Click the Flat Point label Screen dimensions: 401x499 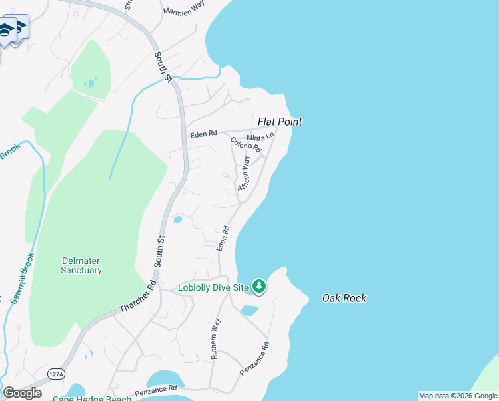click(280, 122)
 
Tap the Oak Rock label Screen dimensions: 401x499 click(344, 298)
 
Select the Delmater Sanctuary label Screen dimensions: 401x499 click(81, 265)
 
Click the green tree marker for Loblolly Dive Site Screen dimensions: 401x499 click(259, 287)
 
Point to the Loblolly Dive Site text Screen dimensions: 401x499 click(213, 288)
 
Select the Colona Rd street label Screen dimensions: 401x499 click(245, 144)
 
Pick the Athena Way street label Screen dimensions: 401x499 click(245, 173)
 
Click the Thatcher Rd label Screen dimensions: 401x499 click(137, 295)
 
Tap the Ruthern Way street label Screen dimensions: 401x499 click(215, 339)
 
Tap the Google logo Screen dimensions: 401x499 click(22, 392)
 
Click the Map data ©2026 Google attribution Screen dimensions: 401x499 click(458, 396)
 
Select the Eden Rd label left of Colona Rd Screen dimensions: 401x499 click(203, 134)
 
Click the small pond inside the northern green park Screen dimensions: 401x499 click(89, 84)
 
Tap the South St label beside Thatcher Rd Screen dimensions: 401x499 click(160, 251)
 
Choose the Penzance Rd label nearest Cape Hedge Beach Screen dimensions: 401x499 click(155, 388)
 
